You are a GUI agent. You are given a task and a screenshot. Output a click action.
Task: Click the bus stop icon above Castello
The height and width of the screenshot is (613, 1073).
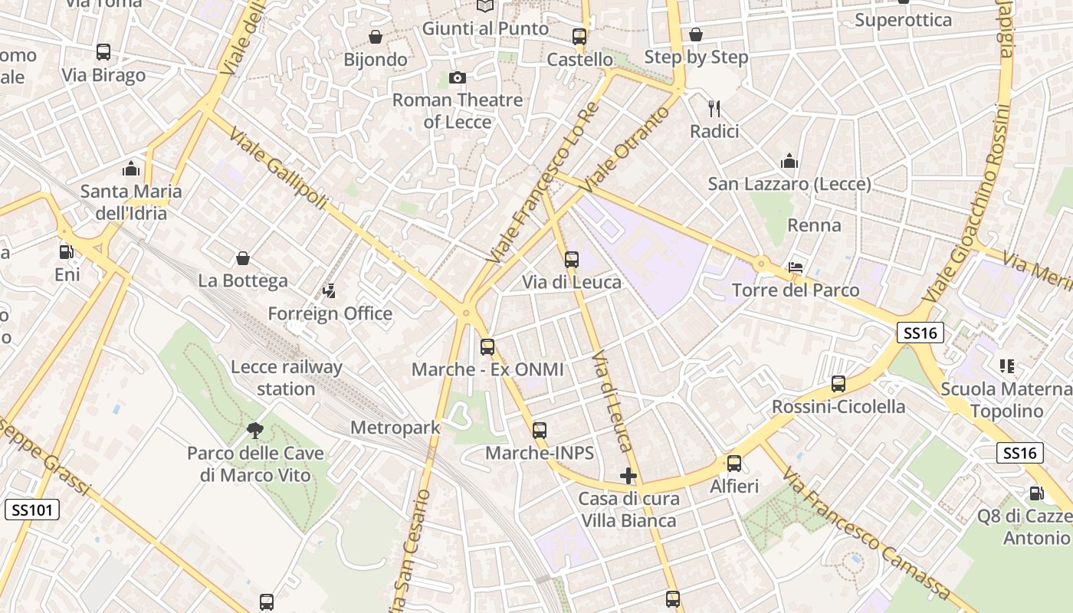579,36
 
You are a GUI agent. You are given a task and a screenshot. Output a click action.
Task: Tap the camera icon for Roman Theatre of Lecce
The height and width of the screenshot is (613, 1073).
457,77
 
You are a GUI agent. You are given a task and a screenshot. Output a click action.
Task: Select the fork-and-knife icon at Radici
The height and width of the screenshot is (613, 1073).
714,108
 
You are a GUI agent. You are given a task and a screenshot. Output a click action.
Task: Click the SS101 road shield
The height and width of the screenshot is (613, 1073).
31,510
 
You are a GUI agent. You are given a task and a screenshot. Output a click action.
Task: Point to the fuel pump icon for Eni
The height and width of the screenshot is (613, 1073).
67,251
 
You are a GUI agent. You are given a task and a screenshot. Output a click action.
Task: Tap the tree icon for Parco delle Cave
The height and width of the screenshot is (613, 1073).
255,431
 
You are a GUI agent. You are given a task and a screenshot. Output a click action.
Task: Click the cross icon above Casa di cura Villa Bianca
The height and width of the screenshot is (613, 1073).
628,476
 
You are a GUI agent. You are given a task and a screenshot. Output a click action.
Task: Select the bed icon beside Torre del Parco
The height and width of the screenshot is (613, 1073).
796,267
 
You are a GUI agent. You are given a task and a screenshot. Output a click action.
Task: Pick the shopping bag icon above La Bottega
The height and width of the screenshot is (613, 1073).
243,258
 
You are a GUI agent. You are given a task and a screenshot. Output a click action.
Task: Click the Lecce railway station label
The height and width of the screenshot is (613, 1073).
287,378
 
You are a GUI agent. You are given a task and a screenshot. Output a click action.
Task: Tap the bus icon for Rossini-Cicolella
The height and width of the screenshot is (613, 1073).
838,384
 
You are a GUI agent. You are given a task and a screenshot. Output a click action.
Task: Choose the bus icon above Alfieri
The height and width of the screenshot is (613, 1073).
734,464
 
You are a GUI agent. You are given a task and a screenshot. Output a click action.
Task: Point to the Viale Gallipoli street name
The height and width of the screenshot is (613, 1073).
278,170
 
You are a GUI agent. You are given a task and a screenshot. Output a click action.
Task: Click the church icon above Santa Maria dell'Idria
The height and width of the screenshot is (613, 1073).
131,169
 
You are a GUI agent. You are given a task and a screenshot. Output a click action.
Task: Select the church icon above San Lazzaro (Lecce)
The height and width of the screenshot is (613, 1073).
789,161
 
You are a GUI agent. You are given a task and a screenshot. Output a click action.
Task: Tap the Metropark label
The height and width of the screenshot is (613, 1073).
395,428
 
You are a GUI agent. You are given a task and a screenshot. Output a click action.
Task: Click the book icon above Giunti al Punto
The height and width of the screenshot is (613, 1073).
485,6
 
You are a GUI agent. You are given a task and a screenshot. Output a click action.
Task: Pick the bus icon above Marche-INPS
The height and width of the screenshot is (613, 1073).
540,431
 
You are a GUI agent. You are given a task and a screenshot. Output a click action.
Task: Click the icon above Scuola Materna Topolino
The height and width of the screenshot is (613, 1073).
1006,366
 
